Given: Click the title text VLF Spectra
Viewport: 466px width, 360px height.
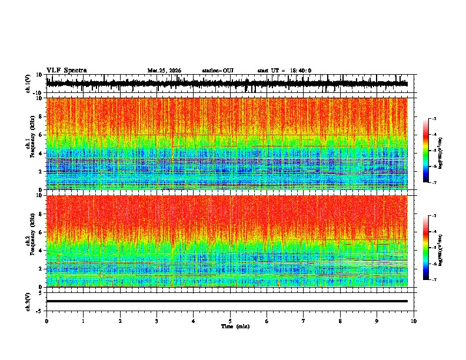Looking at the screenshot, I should [66, 70].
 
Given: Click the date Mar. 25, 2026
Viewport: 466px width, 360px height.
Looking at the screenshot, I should [164, 71].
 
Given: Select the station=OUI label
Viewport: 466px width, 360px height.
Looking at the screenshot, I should [218, 71].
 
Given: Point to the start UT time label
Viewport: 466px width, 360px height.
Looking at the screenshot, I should [284, 71].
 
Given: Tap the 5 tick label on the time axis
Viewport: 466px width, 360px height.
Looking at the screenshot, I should [230, 321].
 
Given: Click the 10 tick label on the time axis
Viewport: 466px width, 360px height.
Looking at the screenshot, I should [414, 321].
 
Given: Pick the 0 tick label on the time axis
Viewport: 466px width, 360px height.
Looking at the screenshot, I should [46, 321].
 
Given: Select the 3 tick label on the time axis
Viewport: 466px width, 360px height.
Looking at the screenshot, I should [157, 321].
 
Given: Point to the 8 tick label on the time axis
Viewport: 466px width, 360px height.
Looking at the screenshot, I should [341, 321].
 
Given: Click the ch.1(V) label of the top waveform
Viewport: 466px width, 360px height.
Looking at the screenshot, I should [28, 84].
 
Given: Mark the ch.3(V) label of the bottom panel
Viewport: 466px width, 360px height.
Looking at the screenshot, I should [28, 301].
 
